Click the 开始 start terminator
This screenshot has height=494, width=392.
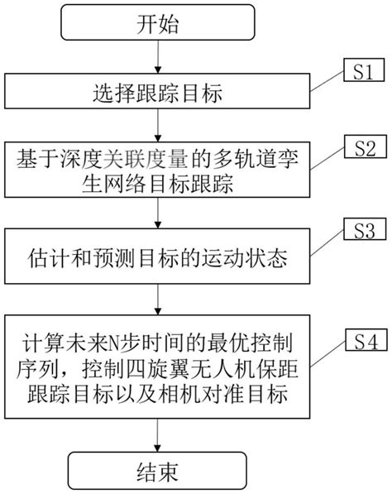(x=157, y=25)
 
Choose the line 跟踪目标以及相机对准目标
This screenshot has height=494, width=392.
(x=157, y=393)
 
